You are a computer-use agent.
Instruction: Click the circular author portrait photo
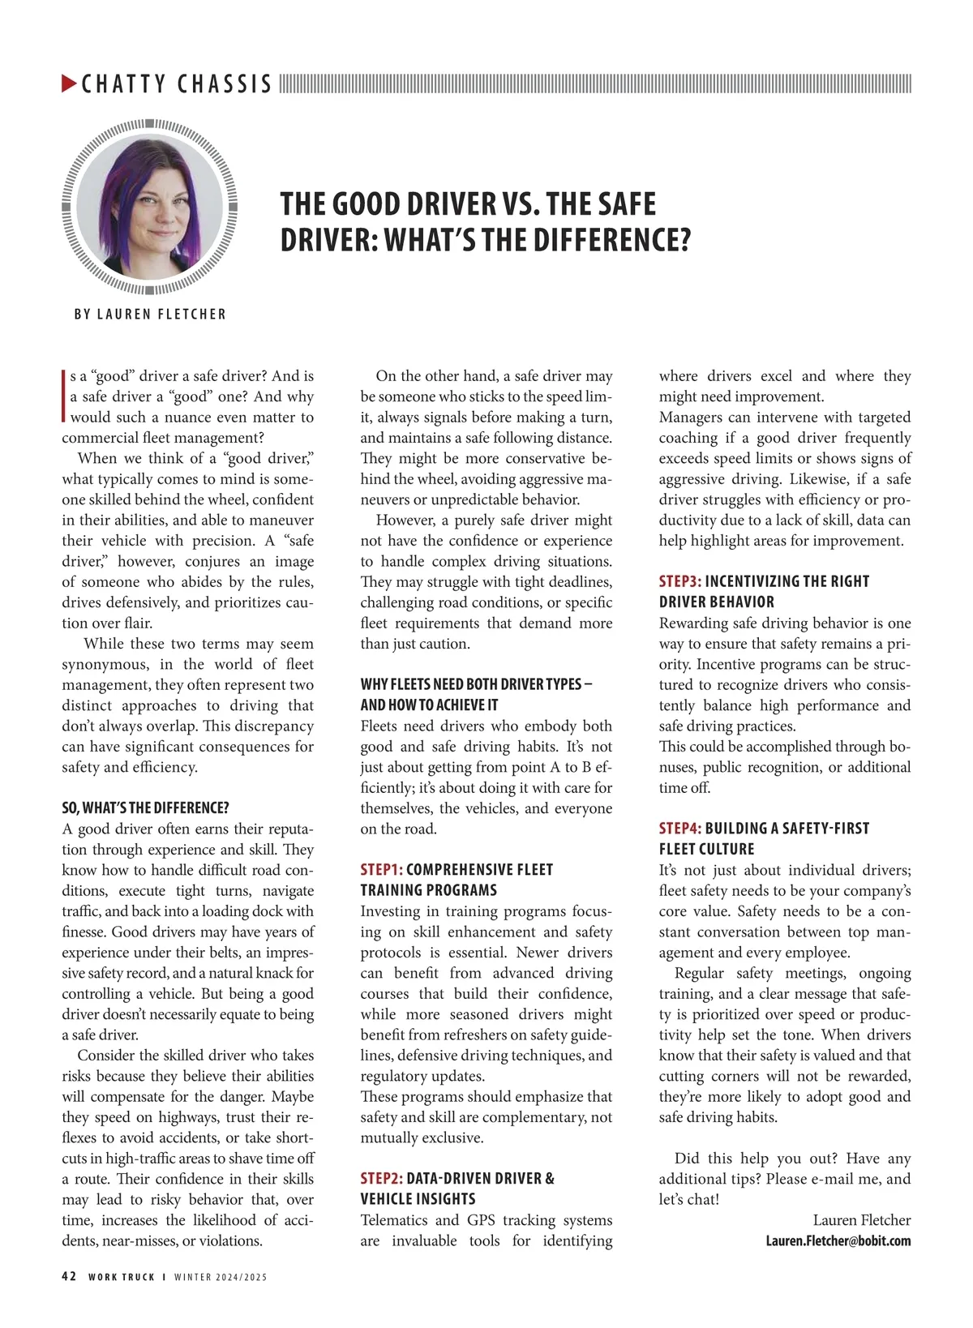coord(150,207)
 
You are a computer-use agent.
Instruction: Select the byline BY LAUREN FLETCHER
coord(150,314)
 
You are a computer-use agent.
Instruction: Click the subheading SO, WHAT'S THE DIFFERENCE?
coord(145,808)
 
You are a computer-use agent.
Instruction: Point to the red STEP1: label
coord(381,870)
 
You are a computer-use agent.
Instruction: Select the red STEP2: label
coord(381,1179)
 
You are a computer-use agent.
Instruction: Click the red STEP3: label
coord(679,581)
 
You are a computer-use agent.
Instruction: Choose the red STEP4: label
coord(679,829)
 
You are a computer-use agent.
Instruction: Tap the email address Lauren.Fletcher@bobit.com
coord(838,1241)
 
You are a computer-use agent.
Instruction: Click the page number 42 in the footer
coord(69,1277)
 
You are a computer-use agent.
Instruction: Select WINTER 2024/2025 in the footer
coord(221,1278)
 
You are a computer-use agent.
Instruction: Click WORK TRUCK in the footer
coord(122,1278)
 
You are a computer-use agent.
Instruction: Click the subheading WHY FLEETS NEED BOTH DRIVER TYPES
coord(476,684)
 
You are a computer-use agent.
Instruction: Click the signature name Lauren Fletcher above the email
coord(861,1220)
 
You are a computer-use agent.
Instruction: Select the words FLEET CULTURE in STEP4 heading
coord(706,850)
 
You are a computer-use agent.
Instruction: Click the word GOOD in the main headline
coord(363,204)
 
